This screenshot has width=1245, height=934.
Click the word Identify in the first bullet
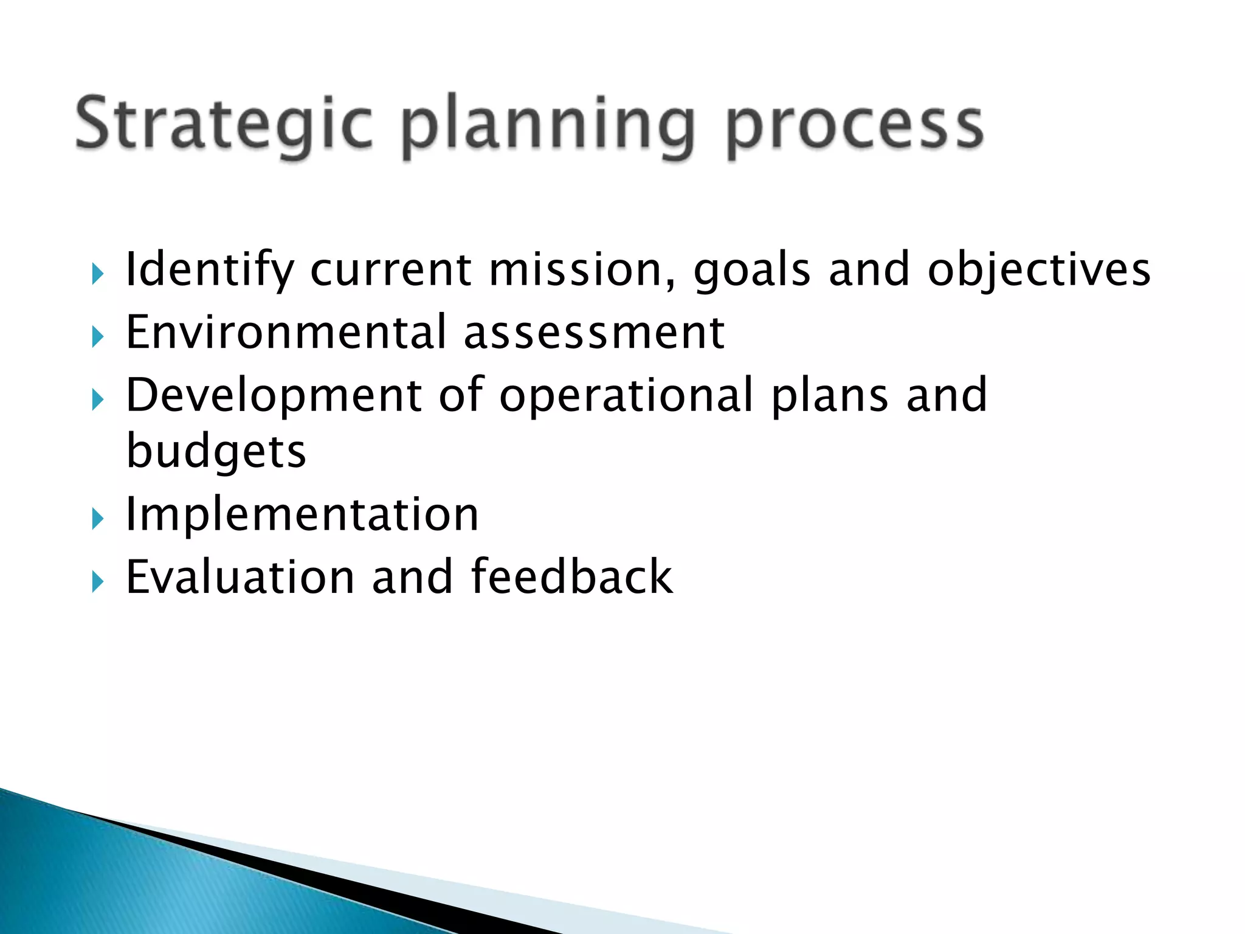pos(209,270)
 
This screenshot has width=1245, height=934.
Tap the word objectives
pos(1038,270)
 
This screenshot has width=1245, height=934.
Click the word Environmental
pos(286,333)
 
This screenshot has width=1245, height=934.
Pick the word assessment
pos(594,334)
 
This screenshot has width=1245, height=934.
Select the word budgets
pos(216,453)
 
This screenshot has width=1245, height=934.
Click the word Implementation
pos(302,515)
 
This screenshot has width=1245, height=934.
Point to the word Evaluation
pos(240,577)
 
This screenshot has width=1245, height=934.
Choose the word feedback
pos(571,577)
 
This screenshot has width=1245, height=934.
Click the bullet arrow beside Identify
pos(97,274)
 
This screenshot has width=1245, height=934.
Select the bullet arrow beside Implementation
pos(97,519)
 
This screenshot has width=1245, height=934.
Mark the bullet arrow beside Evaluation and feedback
pos(97,582)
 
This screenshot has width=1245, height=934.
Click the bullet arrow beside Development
pos(97,400)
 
